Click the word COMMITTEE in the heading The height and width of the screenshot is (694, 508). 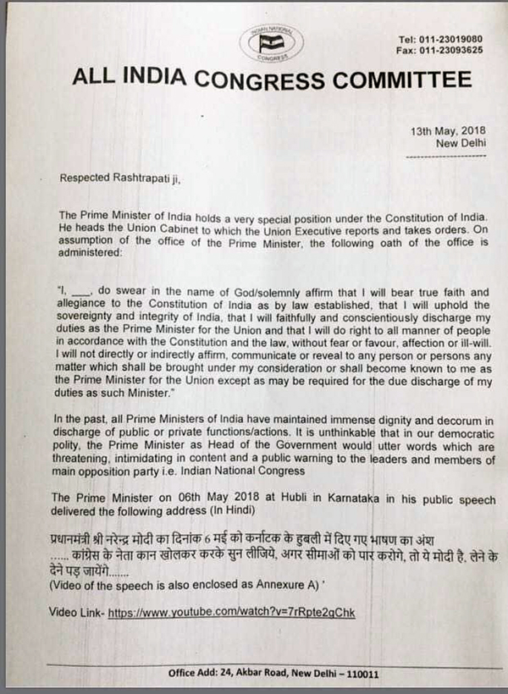point(401,80)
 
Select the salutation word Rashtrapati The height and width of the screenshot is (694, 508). point(135,178)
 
